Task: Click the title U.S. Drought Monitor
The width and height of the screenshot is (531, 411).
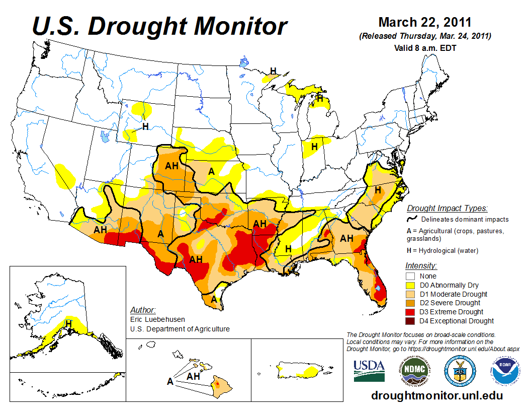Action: coord(160,26)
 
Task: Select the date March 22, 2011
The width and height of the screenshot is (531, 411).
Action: coord(424,22)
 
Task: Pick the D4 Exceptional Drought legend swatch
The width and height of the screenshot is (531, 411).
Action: coord(411,321)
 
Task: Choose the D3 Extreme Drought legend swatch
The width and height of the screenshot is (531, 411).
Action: coord(411,312)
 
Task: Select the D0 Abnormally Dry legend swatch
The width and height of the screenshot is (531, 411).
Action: coord(411,285)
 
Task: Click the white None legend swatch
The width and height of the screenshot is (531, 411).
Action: coord(411,276)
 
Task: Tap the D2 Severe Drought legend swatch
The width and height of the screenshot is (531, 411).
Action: coord(411,303)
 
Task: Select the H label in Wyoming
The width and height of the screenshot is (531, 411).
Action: coord(145,126)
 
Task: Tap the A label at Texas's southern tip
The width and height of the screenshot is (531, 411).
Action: coord(214,299)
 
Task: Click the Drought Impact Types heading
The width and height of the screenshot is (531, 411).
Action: coord(447,208)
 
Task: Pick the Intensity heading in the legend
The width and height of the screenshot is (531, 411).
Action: coord(421,265)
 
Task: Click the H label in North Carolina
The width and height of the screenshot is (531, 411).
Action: coord(377,190)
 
